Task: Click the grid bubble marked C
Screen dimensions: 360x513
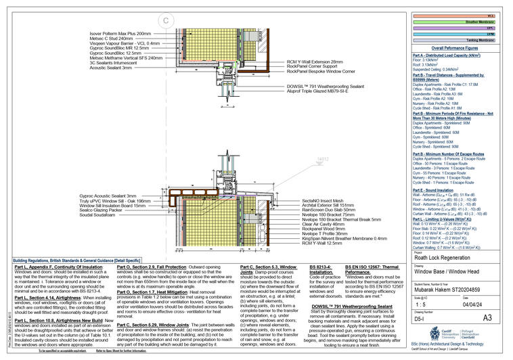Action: tap(165, 21)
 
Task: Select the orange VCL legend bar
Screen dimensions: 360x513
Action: tap(453, 15)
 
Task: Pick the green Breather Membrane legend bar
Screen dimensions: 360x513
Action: tap(453, 22)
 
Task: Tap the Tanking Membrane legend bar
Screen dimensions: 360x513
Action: tap(453, 41)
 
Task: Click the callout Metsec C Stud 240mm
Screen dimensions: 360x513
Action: tap(127, 39)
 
